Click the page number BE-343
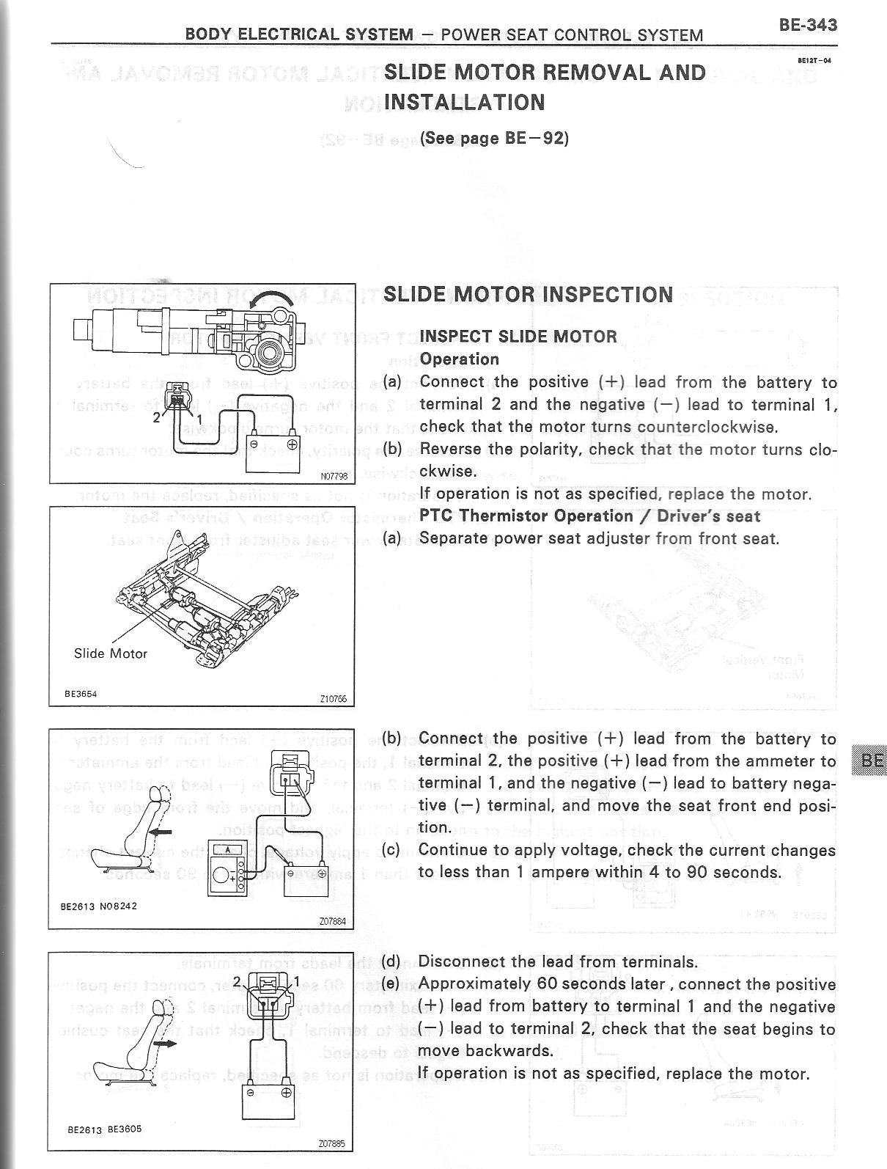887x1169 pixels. click(x=808, y=25)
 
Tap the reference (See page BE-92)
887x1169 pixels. click(x=494, y=139)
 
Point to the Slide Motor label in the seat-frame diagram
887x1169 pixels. click(x=111, y=653)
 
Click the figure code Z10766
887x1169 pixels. click(x=334, y=699)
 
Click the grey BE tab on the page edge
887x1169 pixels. click(x=870, y=761)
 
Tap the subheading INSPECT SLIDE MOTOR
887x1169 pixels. click(x=518, y=337)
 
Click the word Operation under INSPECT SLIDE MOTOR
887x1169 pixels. click(x=459, y=359)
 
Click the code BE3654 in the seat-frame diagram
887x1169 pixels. click(x=81, y=692)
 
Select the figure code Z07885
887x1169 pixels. click(x=331, y=1143)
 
